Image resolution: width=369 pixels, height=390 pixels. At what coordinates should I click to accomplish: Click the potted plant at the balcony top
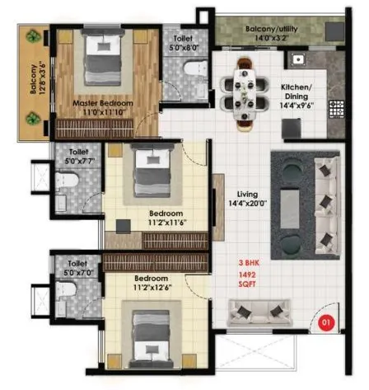[34, 37]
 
